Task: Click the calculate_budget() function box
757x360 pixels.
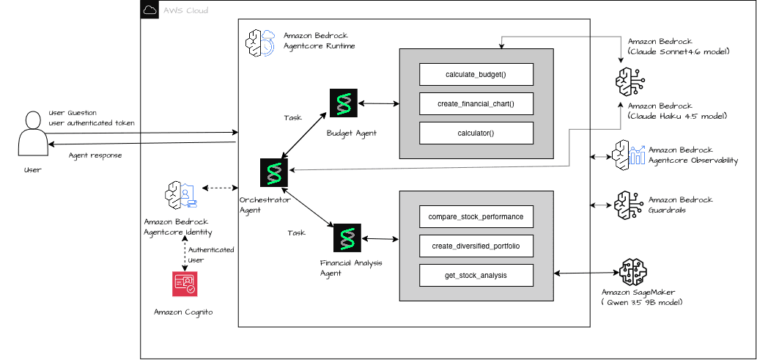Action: coord(476,74)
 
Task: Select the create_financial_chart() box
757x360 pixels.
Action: coord(476,103)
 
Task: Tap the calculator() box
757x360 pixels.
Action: coord(476,133)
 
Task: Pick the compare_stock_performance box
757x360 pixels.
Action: coord(476,216)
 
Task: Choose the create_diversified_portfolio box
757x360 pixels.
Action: coord(476,246)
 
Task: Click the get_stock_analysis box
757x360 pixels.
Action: coord(476,276)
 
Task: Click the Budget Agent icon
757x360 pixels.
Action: coord(344,103)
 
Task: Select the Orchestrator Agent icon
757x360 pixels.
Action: coord(274,172)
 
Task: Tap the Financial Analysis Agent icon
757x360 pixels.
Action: coord(347,238)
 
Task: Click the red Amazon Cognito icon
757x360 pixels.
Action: coord(185,284)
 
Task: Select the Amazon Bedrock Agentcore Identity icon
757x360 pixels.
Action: coord(182,195)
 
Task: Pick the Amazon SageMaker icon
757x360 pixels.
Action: coord(633,272)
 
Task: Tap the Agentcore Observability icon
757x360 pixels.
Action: coord(628,154)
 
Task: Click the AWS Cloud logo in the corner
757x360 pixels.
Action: coord(149,10)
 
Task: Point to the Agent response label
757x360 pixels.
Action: coord(95,155)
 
